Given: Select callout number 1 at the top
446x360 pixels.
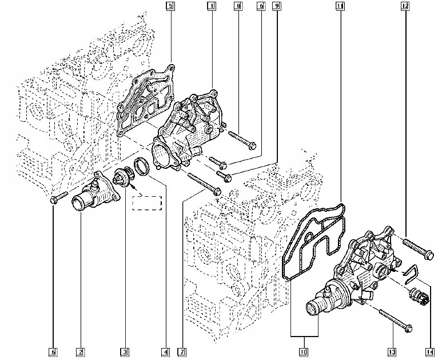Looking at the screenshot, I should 211,7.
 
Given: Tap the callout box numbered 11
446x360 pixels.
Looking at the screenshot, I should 340,7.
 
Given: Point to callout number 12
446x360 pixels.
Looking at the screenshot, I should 405,7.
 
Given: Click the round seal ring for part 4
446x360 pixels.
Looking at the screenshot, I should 141,168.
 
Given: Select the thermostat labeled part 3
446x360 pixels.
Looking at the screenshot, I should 122,179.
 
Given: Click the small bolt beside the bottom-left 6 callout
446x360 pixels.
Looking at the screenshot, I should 55,199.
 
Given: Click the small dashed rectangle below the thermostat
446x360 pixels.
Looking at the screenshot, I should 148,203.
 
